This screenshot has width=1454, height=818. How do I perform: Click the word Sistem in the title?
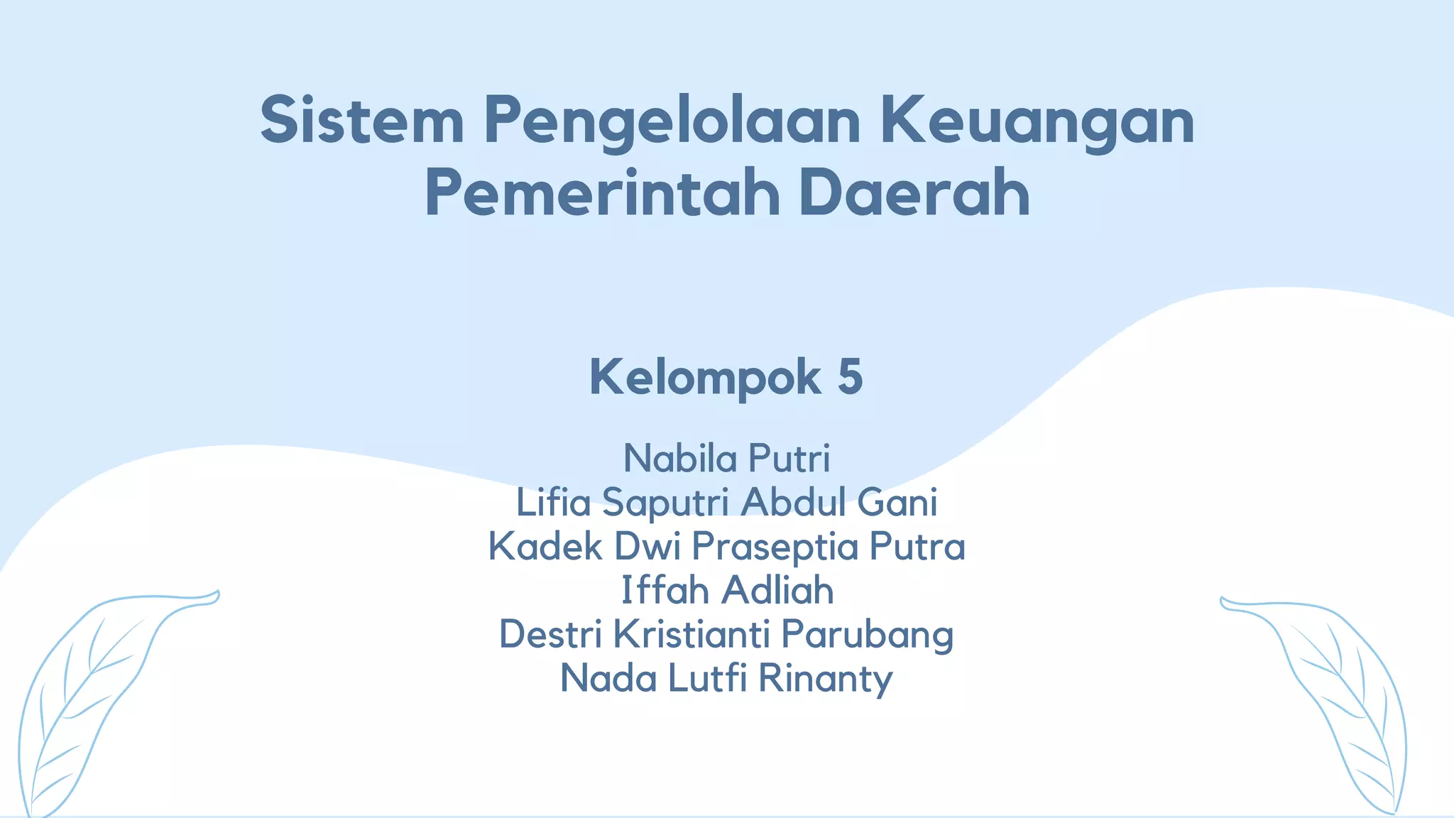point(362,121)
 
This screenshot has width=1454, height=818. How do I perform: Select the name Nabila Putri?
point(726,458)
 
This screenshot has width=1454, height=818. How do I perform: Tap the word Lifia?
point(553,502)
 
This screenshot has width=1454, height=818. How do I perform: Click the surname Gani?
point(897,502)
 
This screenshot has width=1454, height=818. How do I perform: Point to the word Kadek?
point(545,546)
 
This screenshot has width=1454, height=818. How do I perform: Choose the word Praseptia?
point(775,547)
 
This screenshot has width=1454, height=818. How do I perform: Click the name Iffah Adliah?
point(727,590)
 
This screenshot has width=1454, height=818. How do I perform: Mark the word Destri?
point(550,634)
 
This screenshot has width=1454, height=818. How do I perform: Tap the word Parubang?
point(867,636)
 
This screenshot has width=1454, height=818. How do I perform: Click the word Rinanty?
point(825,679)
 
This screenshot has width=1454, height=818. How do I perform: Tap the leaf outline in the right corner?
point(1335,703)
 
